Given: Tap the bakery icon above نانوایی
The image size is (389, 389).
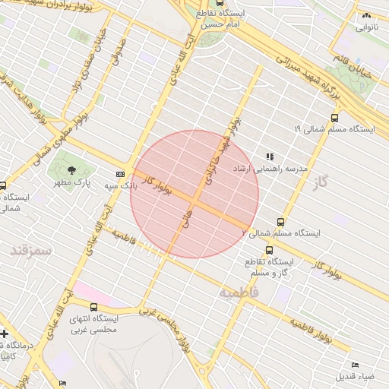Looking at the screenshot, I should [x=366, y=15].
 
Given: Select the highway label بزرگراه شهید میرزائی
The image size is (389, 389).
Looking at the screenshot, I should [x=308, y=71].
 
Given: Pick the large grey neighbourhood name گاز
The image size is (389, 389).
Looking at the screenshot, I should [x=318, y=182].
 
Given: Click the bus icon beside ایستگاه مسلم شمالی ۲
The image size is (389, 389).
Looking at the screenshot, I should [x=280, y=222].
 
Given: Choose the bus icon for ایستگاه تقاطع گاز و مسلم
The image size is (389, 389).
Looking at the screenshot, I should [x=269, y=250].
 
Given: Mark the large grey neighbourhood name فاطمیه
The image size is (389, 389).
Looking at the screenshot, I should [x=239, y=293].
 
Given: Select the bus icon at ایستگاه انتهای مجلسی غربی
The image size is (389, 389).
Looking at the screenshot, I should [x=93, y=307].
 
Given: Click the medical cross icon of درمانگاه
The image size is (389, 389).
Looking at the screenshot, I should [x=4, y=334].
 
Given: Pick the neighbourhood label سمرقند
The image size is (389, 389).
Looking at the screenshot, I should [x=30, y=249].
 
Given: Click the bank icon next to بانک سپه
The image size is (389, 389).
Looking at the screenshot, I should [x=120, y=174].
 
